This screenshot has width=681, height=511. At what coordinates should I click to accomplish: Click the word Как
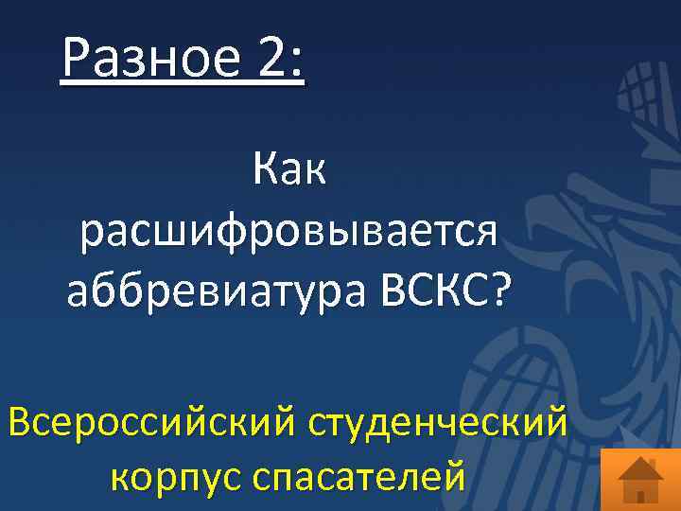289,171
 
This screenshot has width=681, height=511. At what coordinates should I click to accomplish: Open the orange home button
640,478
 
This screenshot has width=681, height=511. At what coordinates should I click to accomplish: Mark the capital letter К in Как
265,171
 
